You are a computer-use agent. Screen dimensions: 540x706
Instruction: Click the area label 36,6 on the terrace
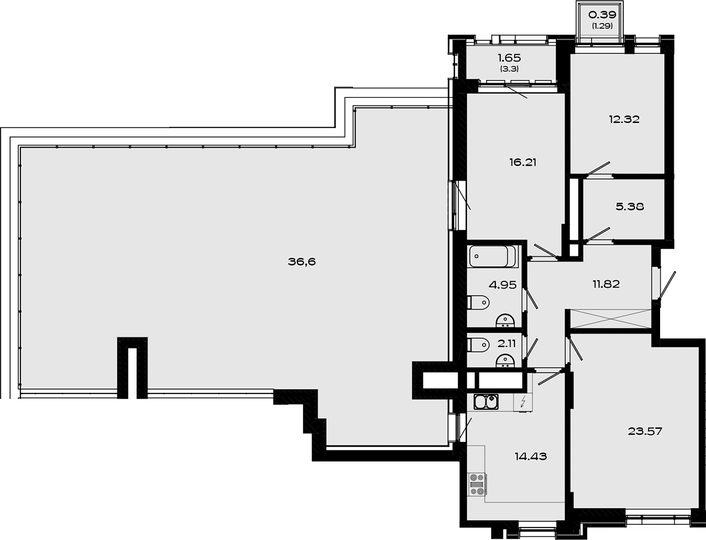coord(301,262)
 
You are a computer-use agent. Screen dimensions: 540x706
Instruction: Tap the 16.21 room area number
coord(522,162)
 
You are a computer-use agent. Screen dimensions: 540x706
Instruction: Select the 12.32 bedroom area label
coord(624,119)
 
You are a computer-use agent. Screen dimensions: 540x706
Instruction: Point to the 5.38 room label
coord(630,207)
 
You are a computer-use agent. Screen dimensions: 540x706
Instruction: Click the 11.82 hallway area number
coord(606,284)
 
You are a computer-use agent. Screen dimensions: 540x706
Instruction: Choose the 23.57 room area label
coord(645,431)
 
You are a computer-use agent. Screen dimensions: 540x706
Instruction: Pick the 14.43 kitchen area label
coord(530,456)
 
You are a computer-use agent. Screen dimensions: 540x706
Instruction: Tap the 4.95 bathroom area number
coord(503,285)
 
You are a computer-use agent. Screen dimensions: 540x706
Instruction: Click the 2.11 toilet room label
coord(506,342)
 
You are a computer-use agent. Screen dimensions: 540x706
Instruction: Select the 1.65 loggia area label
coord(509,58)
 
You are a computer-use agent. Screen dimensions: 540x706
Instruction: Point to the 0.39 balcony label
coord(602,15)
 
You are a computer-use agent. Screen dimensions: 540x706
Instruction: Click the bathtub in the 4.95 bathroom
coord(492,256)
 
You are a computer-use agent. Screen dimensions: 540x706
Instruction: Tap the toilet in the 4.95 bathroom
coord(479,303)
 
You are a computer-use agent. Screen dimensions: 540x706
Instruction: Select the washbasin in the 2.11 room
coord(504,360)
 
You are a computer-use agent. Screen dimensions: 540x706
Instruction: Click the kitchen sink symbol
coord(486,402)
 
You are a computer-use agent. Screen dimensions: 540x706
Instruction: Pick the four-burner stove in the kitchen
coord(477,485)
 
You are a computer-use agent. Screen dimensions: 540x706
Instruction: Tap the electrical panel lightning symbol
coord(523,402)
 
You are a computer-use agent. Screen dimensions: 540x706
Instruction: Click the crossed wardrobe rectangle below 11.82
coord(610,318)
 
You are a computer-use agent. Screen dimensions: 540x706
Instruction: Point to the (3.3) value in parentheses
coord(509,69)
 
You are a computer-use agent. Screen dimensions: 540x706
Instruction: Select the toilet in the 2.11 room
coord(479,344)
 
